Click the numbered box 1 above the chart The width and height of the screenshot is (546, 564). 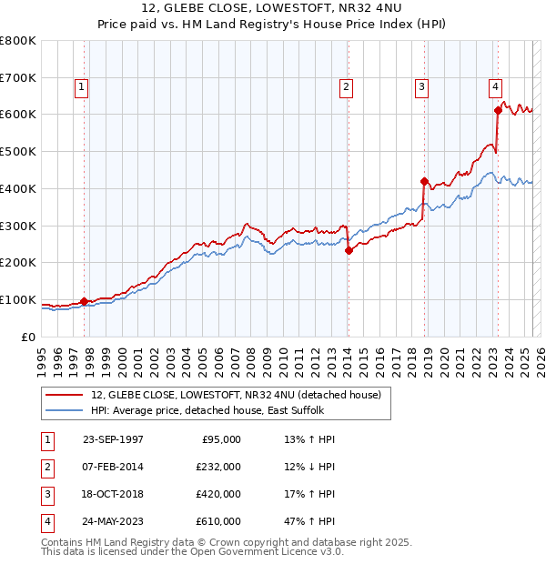coord(81,87)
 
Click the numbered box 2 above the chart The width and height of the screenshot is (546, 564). coord(347,87)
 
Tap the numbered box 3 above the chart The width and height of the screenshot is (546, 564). coord(422,87)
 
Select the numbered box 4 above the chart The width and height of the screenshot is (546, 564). coord(495,87)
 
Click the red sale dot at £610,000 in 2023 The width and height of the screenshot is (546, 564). coord(498,110)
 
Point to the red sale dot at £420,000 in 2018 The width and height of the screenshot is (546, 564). coord(424,181)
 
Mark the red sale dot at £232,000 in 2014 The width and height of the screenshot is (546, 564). coord(349,251)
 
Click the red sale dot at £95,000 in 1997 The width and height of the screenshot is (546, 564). coord(85,301)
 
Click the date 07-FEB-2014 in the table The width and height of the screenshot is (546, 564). coord(113,467)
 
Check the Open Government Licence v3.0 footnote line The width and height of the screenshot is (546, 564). coord(193,551)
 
